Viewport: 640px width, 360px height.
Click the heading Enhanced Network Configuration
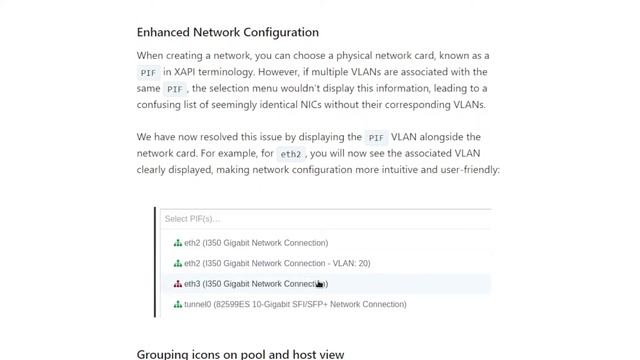pos(227,32)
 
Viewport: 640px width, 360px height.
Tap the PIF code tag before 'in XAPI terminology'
pos(149,73)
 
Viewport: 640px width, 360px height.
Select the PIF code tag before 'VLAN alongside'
pos(376,137)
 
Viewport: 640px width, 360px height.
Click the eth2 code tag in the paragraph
pos(290,154)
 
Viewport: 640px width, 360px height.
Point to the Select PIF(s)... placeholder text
pos(192,218)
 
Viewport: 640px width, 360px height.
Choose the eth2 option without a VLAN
pos(250,243)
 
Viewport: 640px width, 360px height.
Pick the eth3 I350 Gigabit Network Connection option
pos(250,284)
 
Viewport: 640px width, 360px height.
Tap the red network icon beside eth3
pos(178,284)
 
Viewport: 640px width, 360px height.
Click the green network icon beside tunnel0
pos(178,304)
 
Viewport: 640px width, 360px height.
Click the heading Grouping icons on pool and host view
pos(240,354)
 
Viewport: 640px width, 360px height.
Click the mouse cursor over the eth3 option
pos(320,285)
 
